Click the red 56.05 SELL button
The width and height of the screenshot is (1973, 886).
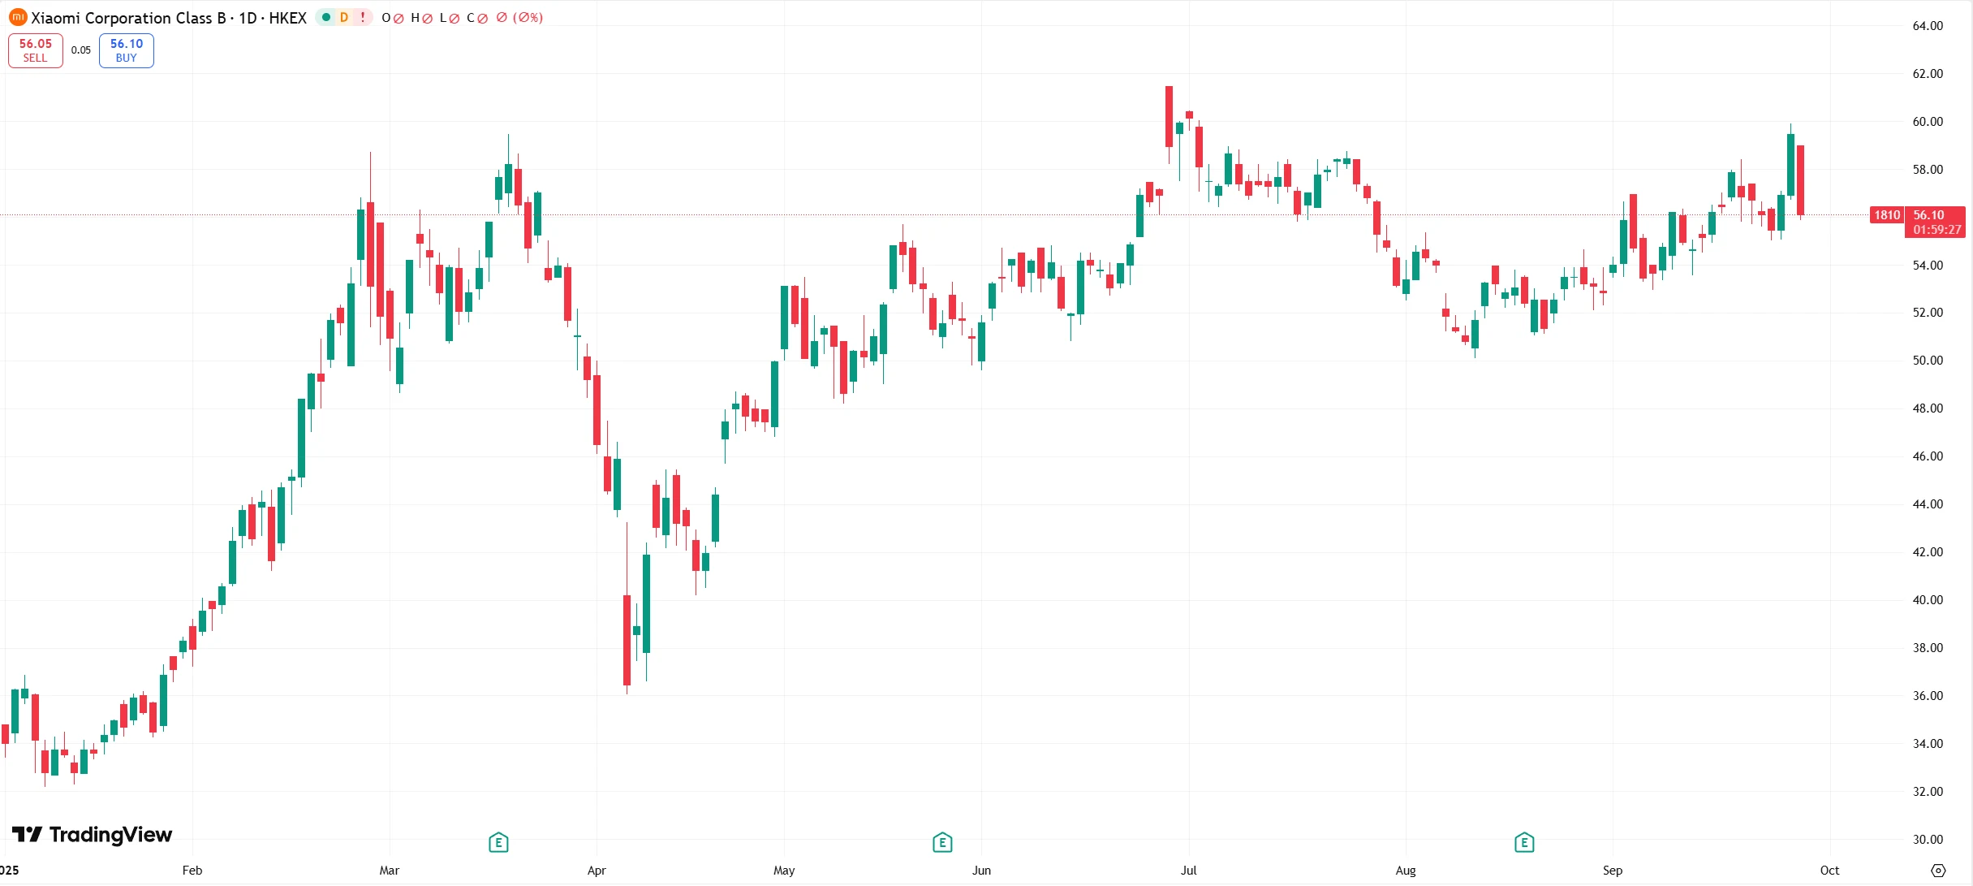pos(36,50)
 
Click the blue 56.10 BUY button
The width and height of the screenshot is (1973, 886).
pos(127,50)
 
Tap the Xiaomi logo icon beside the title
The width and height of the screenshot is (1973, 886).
pos(17,17)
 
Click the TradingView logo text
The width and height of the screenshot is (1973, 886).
pos(93,835)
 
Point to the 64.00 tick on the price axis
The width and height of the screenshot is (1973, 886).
pos(1928,26)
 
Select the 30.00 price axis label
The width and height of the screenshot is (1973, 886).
pos(1928,840)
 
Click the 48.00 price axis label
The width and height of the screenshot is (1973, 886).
pos(1928,408)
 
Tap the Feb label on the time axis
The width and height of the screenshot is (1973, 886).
pos(192,871)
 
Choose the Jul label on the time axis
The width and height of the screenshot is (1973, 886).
pos(1188,871)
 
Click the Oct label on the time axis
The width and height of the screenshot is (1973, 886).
pos(1829,871)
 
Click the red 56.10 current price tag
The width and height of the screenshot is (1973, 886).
pos(1935,222)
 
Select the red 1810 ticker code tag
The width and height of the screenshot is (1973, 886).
pos(1886,215)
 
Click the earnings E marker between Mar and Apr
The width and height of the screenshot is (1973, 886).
pos(498,843)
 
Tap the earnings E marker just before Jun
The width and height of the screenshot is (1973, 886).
pos(942,843)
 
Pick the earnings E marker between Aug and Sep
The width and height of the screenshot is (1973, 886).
pos(1524,843)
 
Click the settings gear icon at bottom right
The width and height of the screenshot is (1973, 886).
pos(1938,871)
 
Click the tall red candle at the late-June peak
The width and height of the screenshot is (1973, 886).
pos(1169,116)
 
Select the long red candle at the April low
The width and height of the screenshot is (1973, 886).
pos(627,640)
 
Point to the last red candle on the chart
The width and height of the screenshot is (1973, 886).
pos(1800,180)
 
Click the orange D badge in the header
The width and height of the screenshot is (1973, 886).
pos(344,17)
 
